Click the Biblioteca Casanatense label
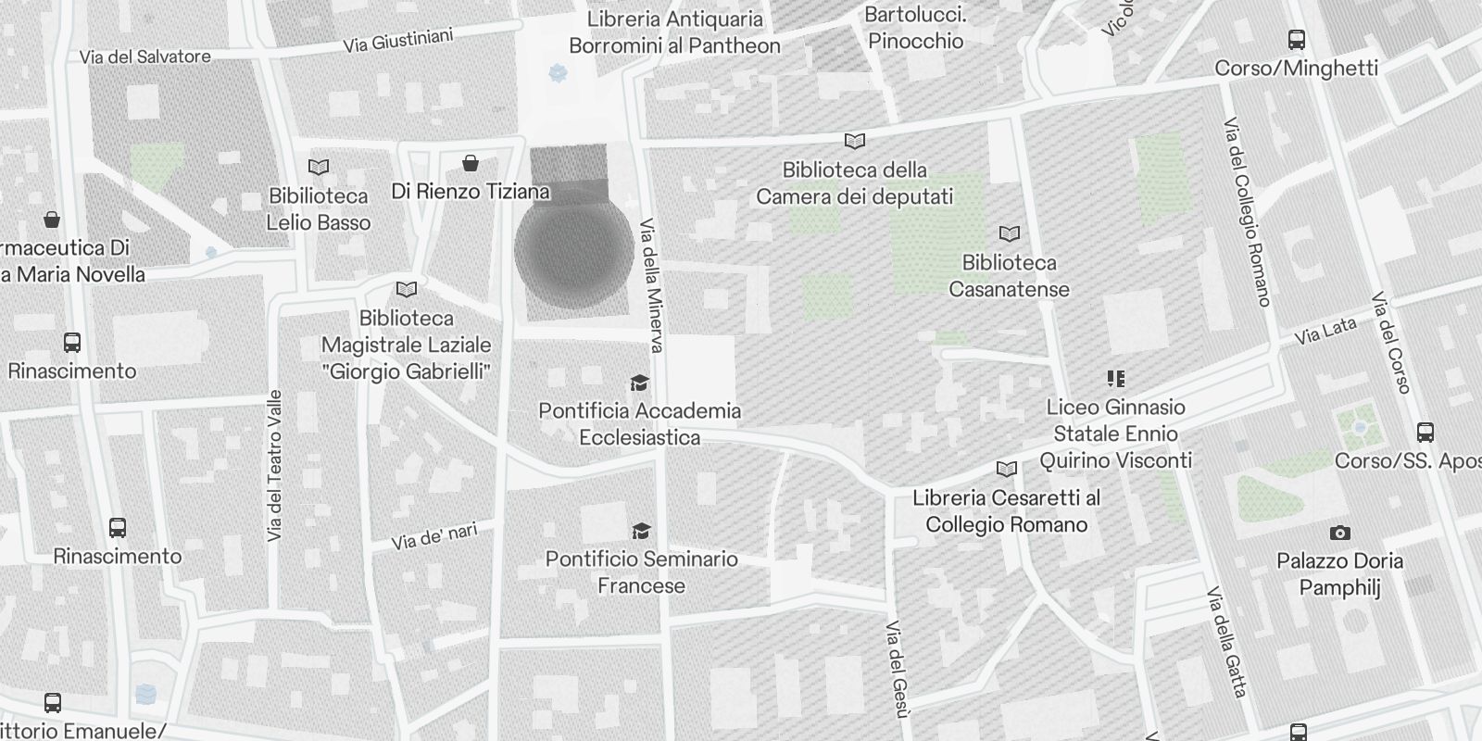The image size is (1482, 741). click(x=1009, y=276)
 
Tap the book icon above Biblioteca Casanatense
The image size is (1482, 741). click(x=1010, y=234)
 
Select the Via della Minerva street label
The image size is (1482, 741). click(x=652, y=285)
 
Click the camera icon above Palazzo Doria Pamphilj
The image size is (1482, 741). click(x=1339, y=533)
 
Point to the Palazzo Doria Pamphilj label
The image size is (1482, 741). click(x=1339, y=574)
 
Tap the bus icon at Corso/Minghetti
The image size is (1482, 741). click(x=1297, y=40)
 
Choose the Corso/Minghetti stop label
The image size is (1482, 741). click(x=1296, y=68)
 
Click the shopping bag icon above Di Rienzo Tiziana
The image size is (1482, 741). click(x=471, y=164)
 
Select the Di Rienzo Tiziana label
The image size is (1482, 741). click(x=471, y=192)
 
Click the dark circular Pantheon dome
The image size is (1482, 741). click(x=573, y=250)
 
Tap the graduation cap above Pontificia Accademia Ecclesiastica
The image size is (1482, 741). click(x=639, y=383)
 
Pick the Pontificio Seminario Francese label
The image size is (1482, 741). click(x=641, y=572)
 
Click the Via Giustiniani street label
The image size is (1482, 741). click(x=398, y=40)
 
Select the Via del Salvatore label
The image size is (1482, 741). click(x=145, y=57)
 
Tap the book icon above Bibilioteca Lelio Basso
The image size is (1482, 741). click(x=319, y=168)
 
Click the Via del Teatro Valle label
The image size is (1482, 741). click(x=274, y=466)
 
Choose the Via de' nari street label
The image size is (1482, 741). click(x=434, y=535)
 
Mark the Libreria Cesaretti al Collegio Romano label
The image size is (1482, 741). click(x=1006, y=511)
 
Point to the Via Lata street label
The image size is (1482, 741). click(x=1326, y=331)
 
